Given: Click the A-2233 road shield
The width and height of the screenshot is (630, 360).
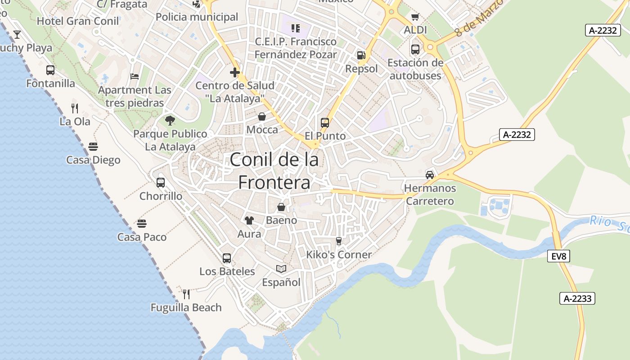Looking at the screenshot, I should point(577,298).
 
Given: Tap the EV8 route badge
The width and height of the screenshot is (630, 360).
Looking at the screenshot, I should point(559,256).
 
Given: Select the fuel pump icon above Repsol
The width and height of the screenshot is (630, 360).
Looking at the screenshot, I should point(361,55).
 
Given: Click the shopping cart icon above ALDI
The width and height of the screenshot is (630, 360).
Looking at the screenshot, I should point(415,17).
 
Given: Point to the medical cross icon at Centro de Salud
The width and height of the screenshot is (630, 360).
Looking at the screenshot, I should point(234,72).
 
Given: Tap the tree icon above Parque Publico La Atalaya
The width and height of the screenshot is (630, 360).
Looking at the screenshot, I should point(170,120).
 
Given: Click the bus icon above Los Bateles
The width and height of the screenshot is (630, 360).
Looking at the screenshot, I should point(227,258).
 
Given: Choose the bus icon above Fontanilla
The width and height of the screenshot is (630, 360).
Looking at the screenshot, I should point(50,70).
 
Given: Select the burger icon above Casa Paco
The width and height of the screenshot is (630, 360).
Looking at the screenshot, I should point(142,224).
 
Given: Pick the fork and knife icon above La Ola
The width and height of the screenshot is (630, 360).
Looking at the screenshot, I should point(75,108).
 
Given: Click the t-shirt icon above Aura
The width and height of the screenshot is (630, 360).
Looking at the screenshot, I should point(249,220).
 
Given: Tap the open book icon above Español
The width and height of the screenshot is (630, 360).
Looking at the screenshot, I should point(281,269).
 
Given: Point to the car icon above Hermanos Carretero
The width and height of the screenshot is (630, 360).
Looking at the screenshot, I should point(430,175).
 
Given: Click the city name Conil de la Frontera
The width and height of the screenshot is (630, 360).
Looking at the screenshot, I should point(274,171).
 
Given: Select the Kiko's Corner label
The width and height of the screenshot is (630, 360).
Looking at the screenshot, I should point(339,255).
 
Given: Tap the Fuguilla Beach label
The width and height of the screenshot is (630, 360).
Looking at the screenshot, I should point(186,308).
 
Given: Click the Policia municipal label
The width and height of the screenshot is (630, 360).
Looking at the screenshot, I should point(197,17).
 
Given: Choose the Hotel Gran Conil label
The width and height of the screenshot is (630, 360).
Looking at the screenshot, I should point(78,21).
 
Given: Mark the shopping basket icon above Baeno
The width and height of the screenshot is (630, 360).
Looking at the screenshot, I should point(281,207).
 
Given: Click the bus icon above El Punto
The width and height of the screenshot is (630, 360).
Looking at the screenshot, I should point(325,122).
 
